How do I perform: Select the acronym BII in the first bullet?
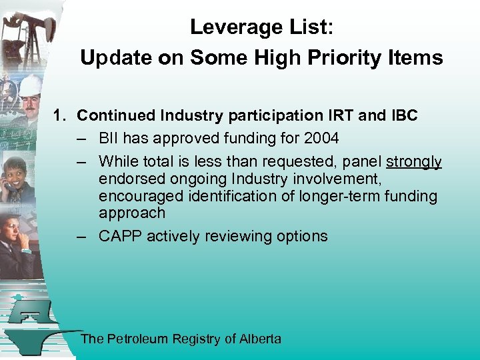109,139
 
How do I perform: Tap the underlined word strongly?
414,162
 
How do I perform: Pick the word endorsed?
129,179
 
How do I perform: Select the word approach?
131,213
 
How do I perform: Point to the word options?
301,236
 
